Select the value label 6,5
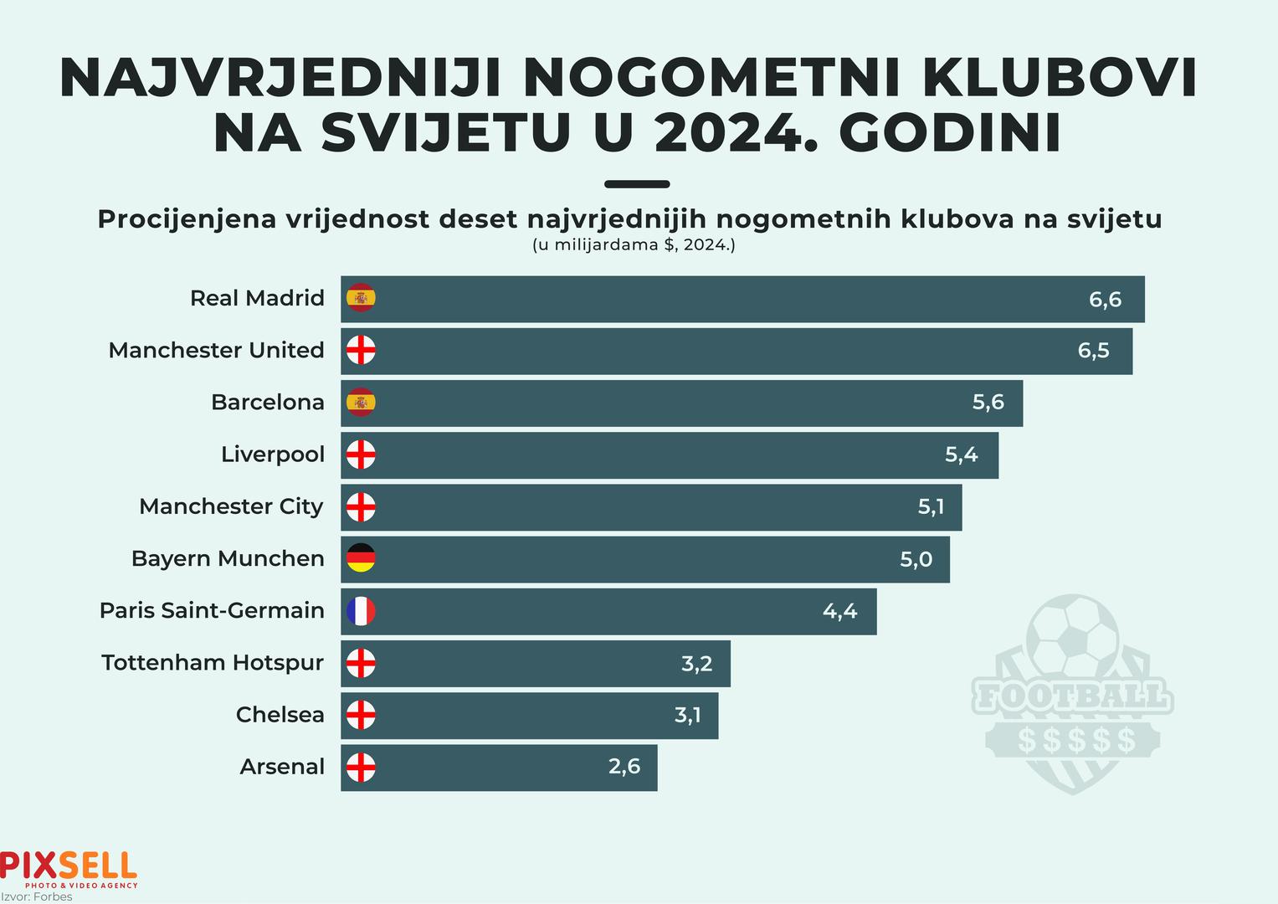click(1093, 351)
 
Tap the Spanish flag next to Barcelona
click(361, 403)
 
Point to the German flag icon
click(361, 558)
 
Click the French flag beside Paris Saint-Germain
click(361, 611)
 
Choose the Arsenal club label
click(282, 767)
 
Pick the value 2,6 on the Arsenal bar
click(624, 767)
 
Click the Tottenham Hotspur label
click(213, 663)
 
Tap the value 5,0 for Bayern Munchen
click(916, 559)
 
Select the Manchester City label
click(231, 506)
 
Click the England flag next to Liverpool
click(361, 455)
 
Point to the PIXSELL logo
click(69, 867)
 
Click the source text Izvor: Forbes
click(37, 897)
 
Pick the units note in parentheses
click(634, 246)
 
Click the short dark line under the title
click(637, 184)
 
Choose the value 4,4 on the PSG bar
click(839, 611)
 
